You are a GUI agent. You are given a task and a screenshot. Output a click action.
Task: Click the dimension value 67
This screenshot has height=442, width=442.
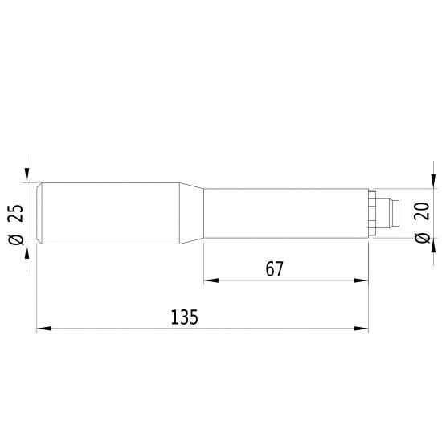tap(275, 268)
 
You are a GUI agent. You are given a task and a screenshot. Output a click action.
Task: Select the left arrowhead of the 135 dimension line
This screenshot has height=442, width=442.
tap(44, 328)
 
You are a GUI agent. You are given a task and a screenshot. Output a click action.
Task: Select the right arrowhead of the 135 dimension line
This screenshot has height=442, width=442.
tap(362, 328)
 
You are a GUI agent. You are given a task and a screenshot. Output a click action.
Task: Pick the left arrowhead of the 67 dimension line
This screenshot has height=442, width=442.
tap(211, 280)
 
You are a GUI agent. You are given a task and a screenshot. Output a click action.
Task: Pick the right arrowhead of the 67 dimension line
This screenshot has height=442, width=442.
tap(362, 280)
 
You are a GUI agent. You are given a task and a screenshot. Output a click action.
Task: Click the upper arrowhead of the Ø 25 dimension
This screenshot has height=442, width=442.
tap(28, 177)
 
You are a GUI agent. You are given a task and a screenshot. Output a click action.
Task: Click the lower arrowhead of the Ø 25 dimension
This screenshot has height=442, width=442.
tap(28, 252)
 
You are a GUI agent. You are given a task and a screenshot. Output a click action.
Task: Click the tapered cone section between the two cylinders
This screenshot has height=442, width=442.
tap(191, 214)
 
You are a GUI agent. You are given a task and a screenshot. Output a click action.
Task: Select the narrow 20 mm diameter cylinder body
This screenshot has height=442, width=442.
tap(285, 214)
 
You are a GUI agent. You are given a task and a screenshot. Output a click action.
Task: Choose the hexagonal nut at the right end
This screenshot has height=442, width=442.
tap(373, 214)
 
